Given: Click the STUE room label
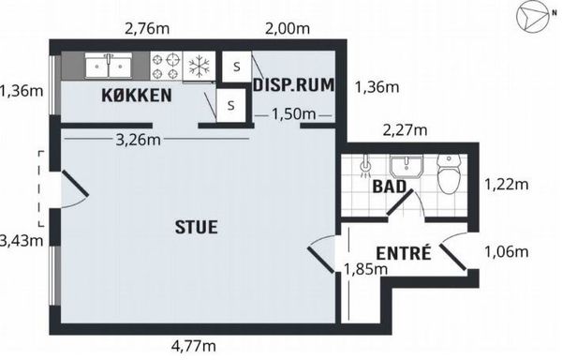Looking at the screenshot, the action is (x=196, y=227).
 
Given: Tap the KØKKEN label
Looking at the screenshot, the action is (x=137, y=96).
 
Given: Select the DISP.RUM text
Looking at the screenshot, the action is (x=294, y=84).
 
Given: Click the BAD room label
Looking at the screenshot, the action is (x=390, y=187).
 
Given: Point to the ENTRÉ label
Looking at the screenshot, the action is (x=403, y=253).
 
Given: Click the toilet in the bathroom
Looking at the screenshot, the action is (x=449, y=173).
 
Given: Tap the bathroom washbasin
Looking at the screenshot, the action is (x=407, y=166).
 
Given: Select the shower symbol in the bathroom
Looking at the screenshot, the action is (x=364, y=167).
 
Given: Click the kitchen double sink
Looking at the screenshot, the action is (x=109, y=65).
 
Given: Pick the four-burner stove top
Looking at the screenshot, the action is (x=167, y=66).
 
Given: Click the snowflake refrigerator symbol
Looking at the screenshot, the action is (x=200, y=66).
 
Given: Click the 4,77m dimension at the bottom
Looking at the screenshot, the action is (x=194, y=346).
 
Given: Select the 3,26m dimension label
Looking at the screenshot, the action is (x=138, y=140).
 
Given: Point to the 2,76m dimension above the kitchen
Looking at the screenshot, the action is (x=147, y=28).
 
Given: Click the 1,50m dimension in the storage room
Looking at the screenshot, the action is (x=293, y=114).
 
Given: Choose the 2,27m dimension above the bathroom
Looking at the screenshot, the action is (x=405, y=130).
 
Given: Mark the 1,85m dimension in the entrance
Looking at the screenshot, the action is (x=365, y=269).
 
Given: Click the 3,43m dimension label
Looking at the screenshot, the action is (x=22, y=240).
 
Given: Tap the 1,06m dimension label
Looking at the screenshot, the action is (x=507, y=251).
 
